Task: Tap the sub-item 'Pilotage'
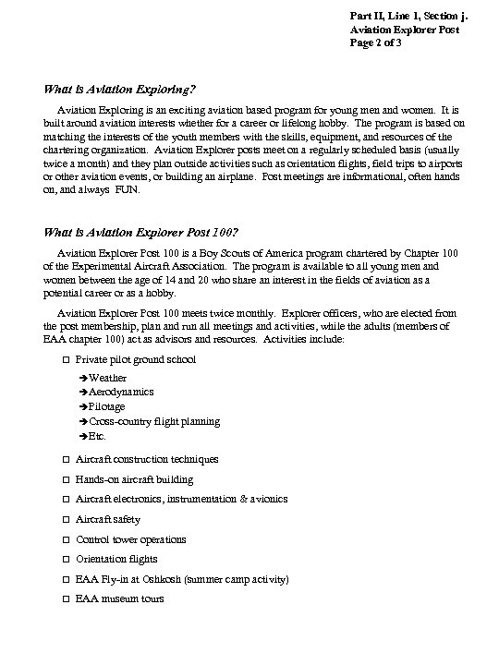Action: tap(108, 407)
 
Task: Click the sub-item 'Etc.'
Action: tap(98, 436)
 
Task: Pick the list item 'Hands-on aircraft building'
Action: tap(134, 479)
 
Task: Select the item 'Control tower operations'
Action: tap(130, 539)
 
